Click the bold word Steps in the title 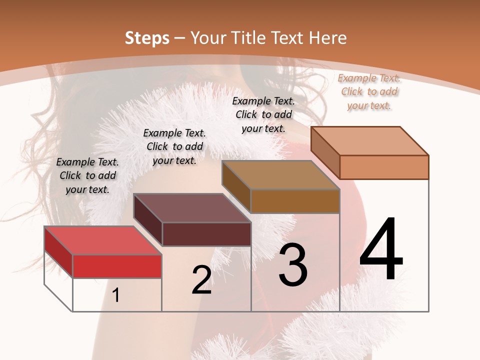(x=146, y=38)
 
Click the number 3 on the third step (x=293, y=265)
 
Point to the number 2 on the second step (x=201, y=280)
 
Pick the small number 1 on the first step (x=116, y=295)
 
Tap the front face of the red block (x=117, y=266)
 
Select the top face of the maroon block (x=192, y=208)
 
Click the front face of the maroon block (x=206, y=234)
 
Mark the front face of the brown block (x=295, y=201)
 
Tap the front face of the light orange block (x=384, y=167)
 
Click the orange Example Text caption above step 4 (x=369, y=91)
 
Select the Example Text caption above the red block (x=87, y=175)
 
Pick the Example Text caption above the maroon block (x=174, y=146)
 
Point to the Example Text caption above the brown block (x=263, y=114)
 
